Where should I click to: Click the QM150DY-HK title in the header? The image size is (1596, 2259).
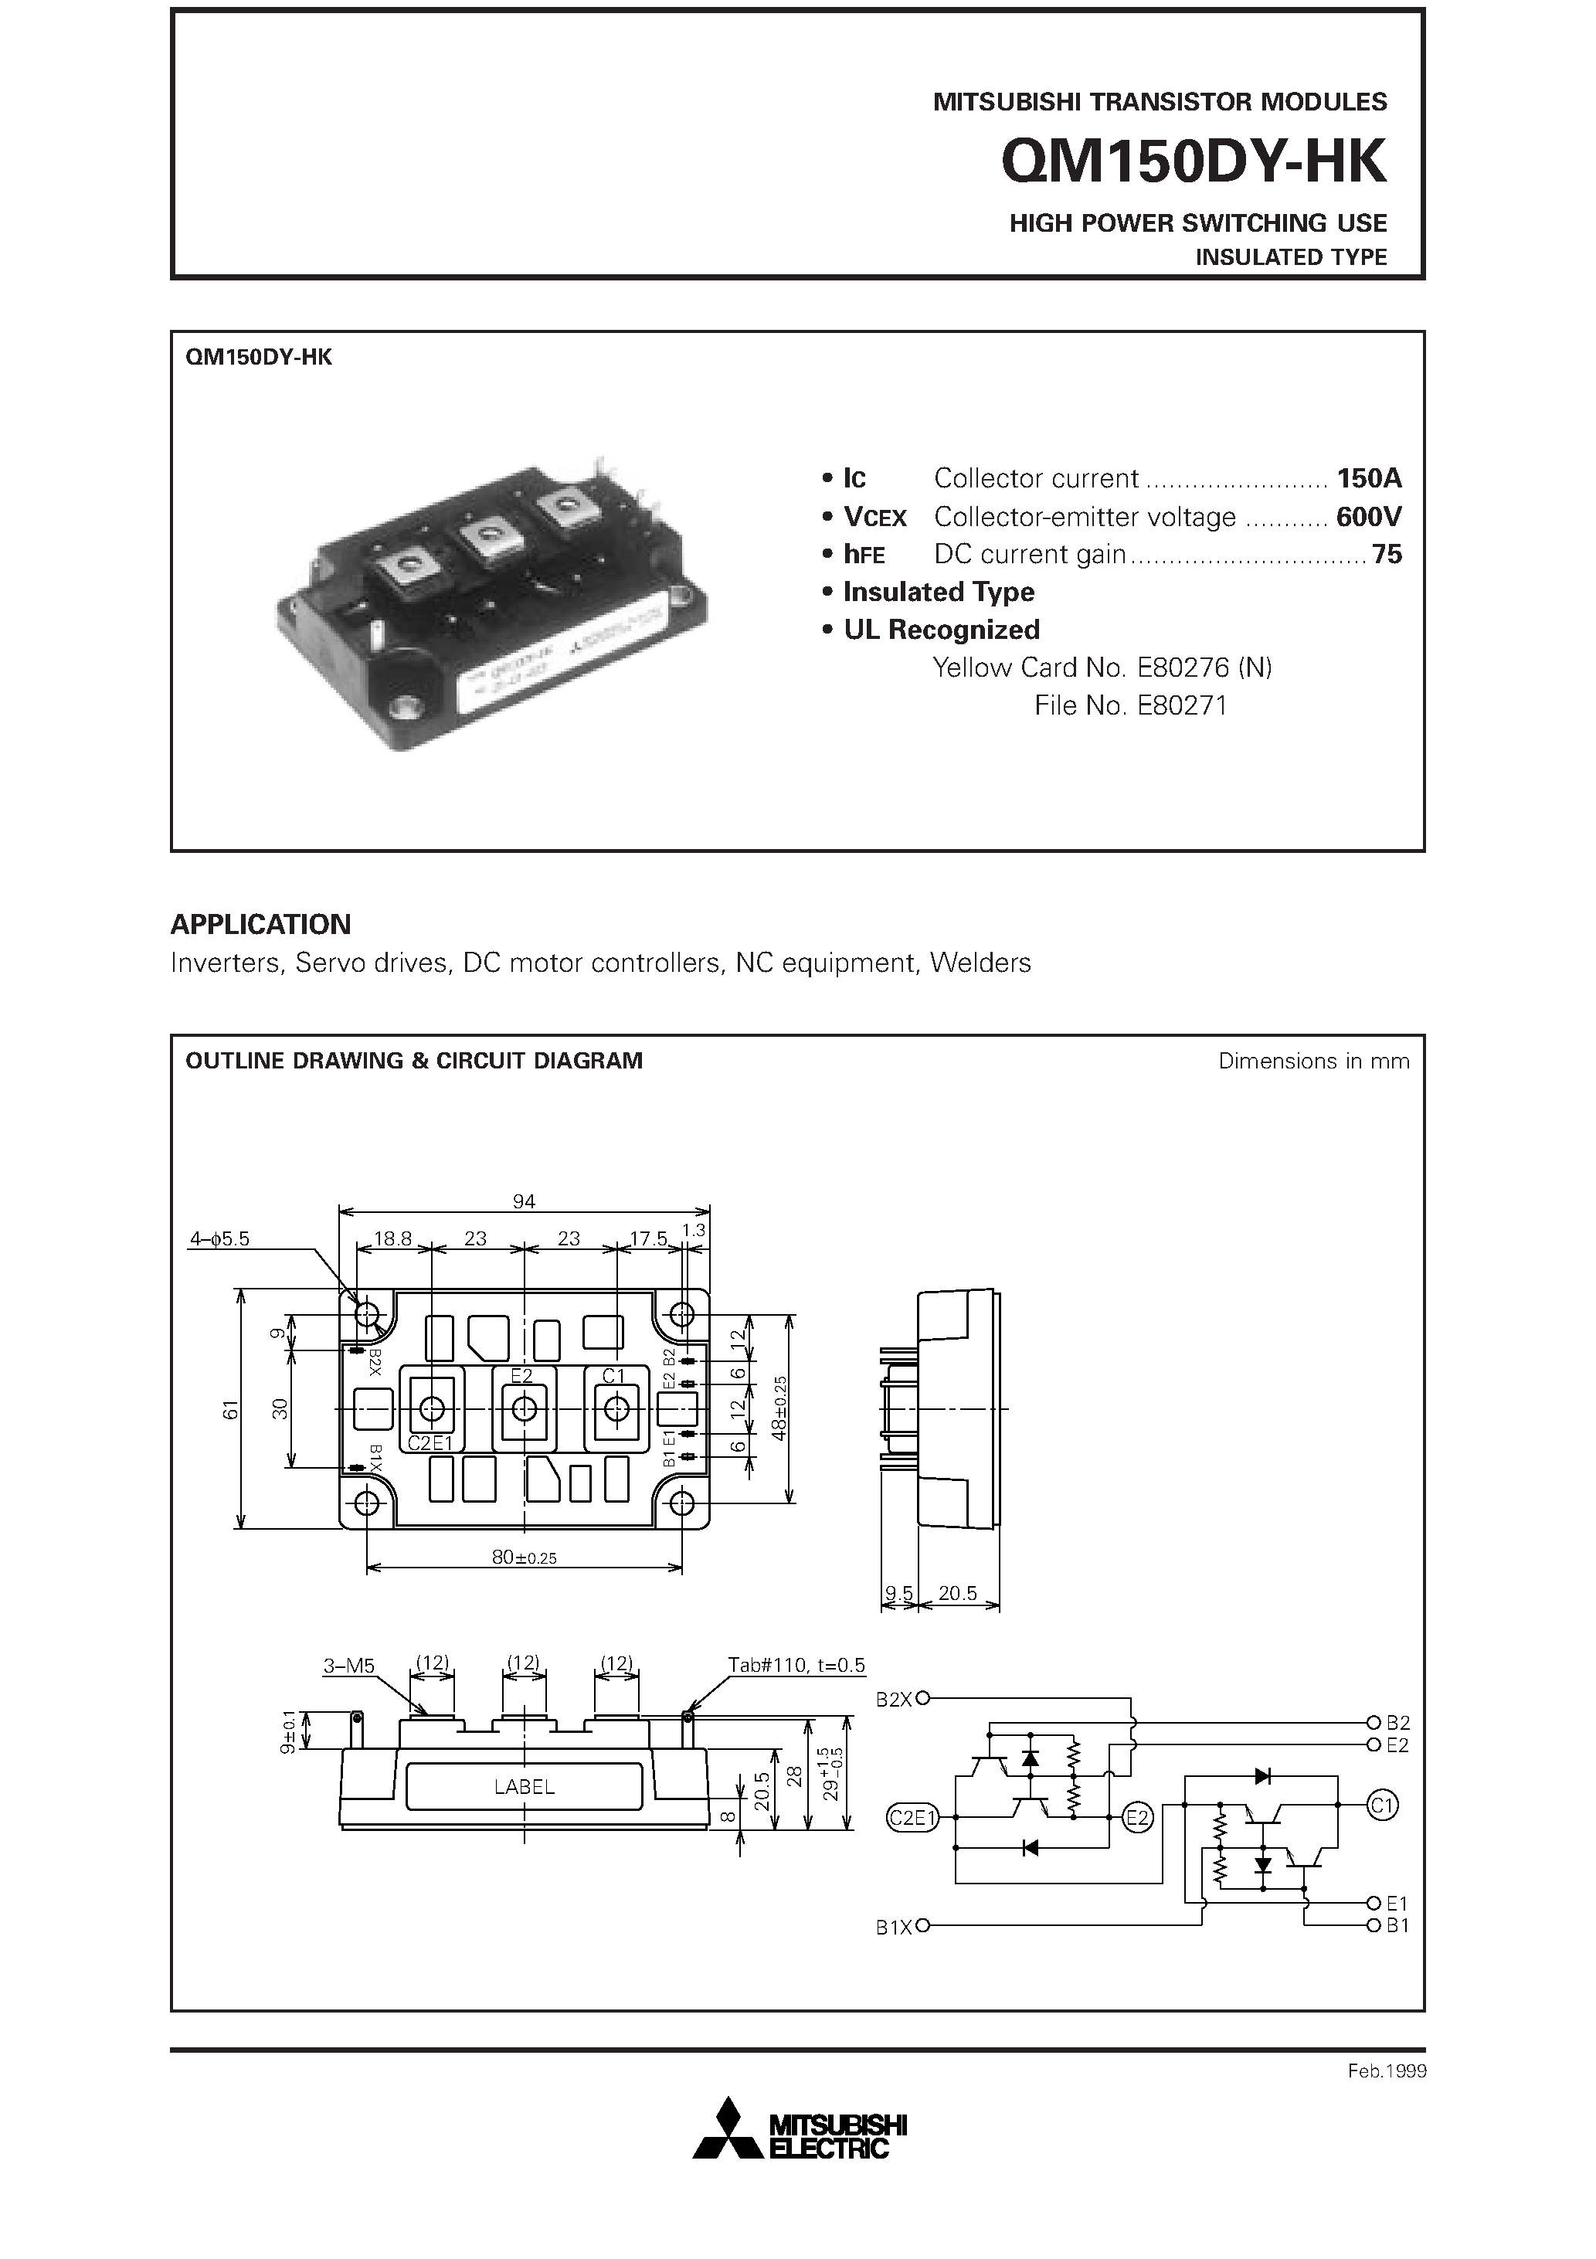click(x=1193, y=161)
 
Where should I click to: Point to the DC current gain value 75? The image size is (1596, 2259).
click(x=1387, y=555)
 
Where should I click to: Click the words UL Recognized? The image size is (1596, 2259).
click(x=941, y=630)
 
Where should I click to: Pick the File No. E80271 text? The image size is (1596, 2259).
click(x=1131, y=705)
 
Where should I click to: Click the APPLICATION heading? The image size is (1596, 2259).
click(x=261, y=925)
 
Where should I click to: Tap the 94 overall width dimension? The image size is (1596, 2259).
click(x=524, y=1201)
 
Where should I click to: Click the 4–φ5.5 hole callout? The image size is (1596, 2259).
click(x=219, y=1240)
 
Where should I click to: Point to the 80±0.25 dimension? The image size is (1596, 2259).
click(x=525, y=1558)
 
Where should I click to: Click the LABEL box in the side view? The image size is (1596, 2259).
click(x=525, y=1787)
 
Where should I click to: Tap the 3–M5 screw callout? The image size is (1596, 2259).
click(x=349, y=1666)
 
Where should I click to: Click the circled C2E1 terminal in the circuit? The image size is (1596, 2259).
click(x=913, y=1818)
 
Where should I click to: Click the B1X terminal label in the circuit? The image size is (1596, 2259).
click(x=895, y=1928)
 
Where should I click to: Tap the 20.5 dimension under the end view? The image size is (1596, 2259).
click(x=957, y=1593)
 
